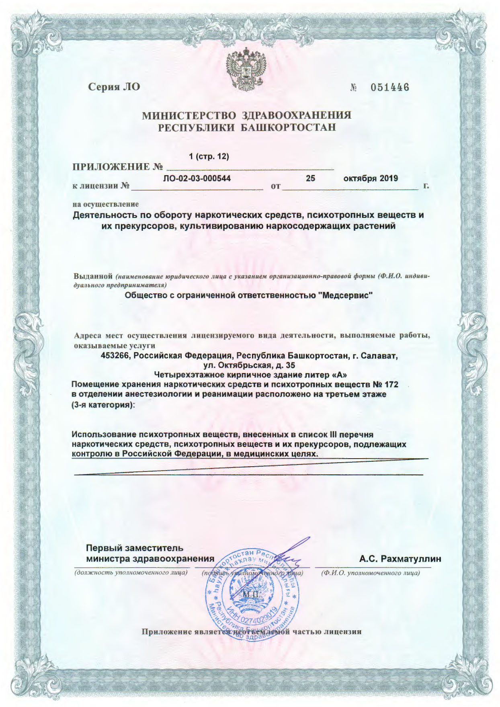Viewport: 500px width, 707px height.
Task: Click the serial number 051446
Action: pos(389,87)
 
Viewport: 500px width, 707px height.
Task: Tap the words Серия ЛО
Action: pos(114,86)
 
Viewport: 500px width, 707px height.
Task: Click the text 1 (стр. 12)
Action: pos(209,156)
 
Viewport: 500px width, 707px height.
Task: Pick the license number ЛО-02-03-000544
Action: pos(197,178)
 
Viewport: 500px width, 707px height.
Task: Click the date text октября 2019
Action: pos(371,178)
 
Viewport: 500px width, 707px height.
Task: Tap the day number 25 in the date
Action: pos(310,178)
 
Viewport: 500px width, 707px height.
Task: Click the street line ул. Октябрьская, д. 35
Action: pos(250,365)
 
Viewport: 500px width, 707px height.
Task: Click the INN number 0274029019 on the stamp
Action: pos(257,610)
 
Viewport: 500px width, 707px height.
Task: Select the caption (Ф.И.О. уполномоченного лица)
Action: pos(370,572)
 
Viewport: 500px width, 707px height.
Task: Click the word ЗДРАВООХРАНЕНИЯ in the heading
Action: pos(296,115)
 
